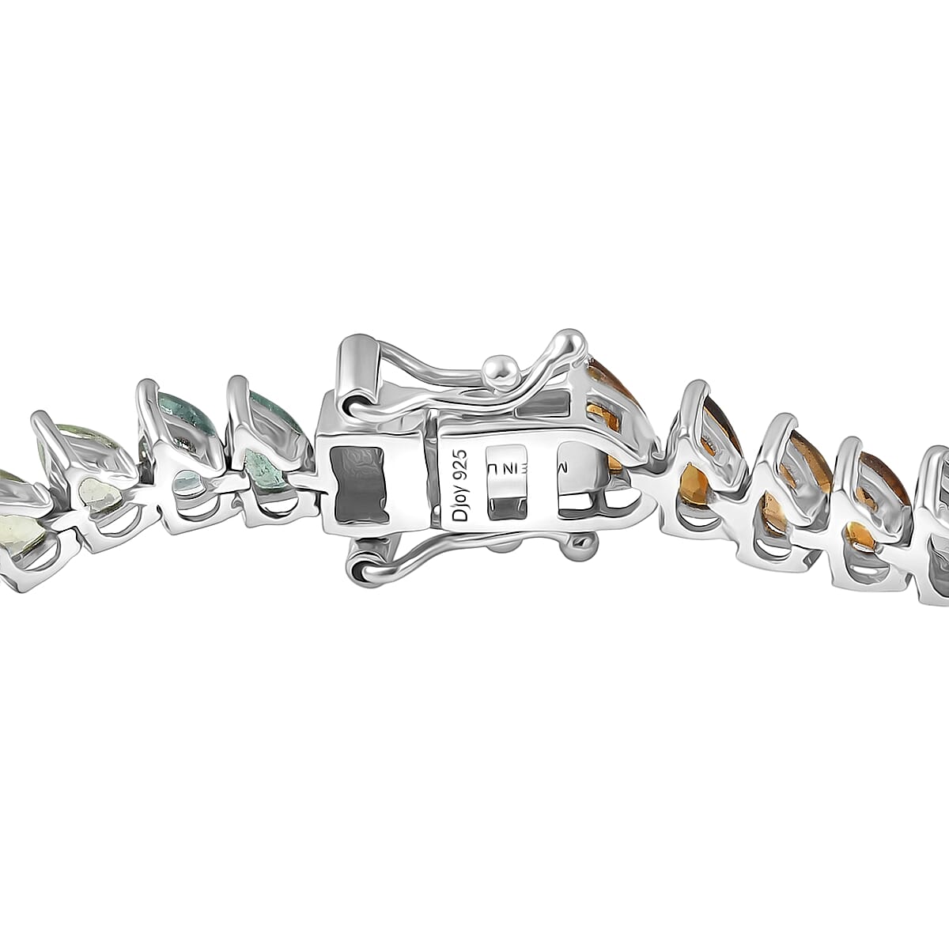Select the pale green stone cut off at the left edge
coord(11,506)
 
